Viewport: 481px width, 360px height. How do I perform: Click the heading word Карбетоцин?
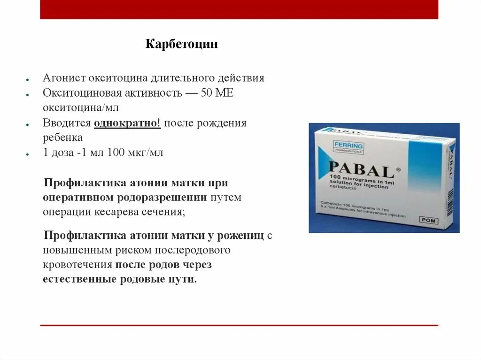(181, 45)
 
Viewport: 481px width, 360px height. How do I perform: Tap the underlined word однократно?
(127, 123)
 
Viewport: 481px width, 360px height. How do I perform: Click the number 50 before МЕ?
(207, 93)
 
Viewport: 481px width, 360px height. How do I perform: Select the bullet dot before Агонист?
(29, 79)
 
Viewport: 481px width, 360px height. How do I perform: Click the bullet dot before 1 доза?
(29, 154)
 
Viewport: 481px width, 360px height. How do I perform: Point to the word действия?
(243, 78)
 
